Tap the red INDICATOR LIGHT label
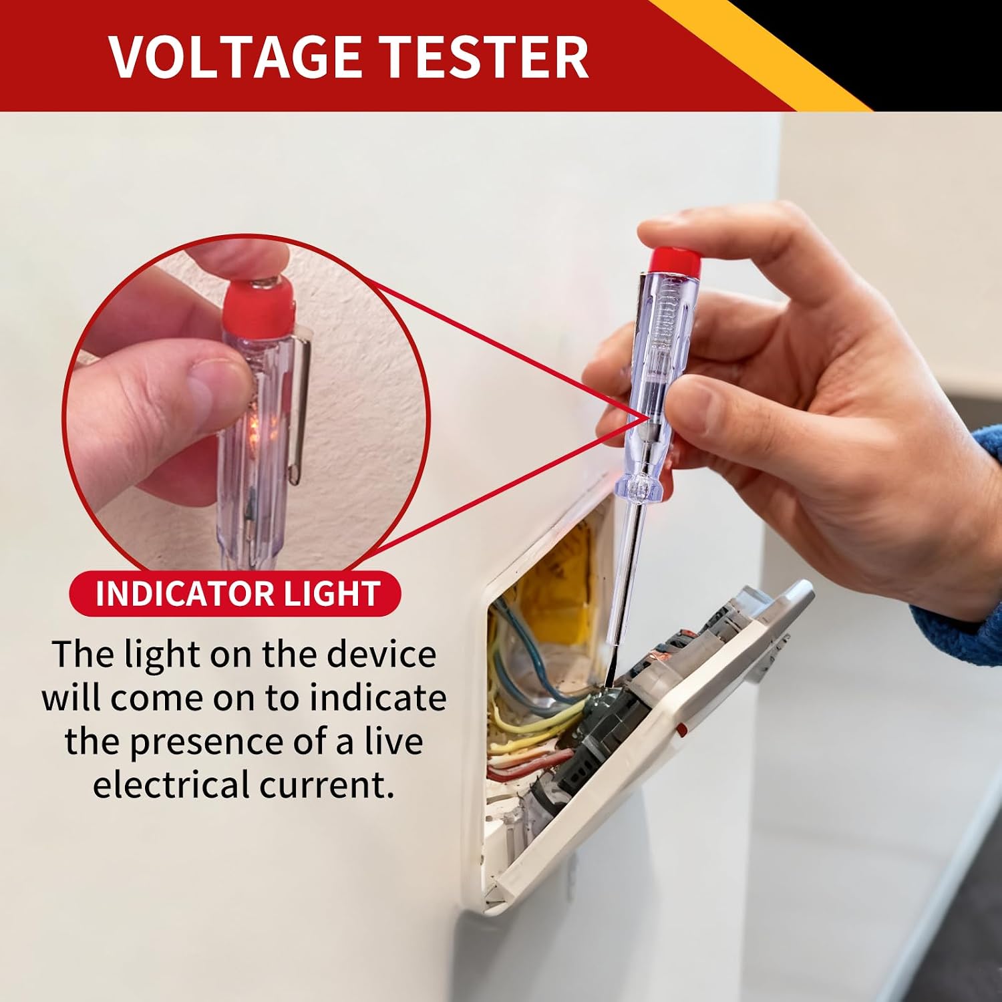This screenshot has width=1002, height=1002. [235, 593]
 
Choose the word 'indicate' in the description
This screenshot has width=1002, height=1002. [378, 697]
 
